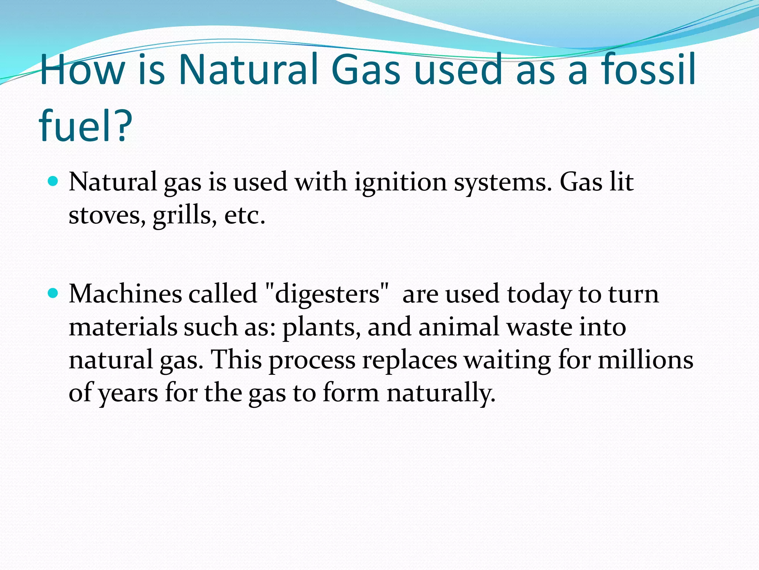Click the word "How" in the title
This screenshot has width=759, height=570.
click(x=82, y=69)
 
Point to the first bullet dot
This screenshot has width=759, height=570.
click(x=53, y=181)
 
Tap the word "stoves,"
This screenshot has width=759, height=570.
click(x=107, y=215)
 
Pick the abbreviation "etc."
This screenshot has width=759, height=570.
click(x=245, y=215)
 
